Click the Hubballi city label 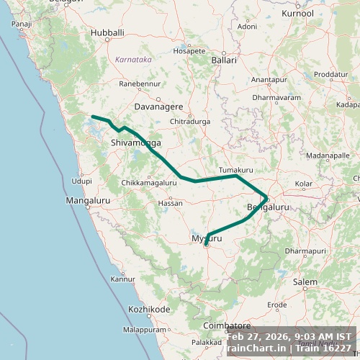(x=107, y=33)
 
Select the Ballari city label (x=223, y=60)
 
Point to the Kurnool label (x=298, y=14)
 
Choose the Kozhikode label (x=149, y=310)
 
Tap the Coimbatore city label (x=226, y=325)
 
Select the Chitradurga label (x=189, y=122)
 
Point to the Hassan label (x=170, y=203)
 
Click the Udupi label (x=81, y=181)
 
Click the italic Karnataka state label (x=133, y=60)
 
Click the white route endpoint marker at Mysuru (x=206, y=245)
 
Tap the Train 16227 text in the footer (x=326, y=348)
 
